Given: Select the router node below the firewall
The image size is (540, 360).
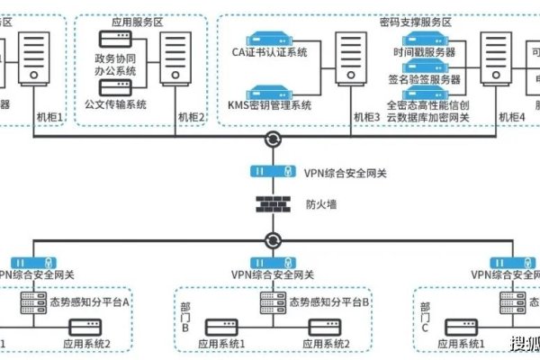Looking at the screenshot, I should [272, 240].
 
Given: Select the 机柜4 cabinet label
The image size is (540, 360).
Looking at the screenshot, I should [510, 117].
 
